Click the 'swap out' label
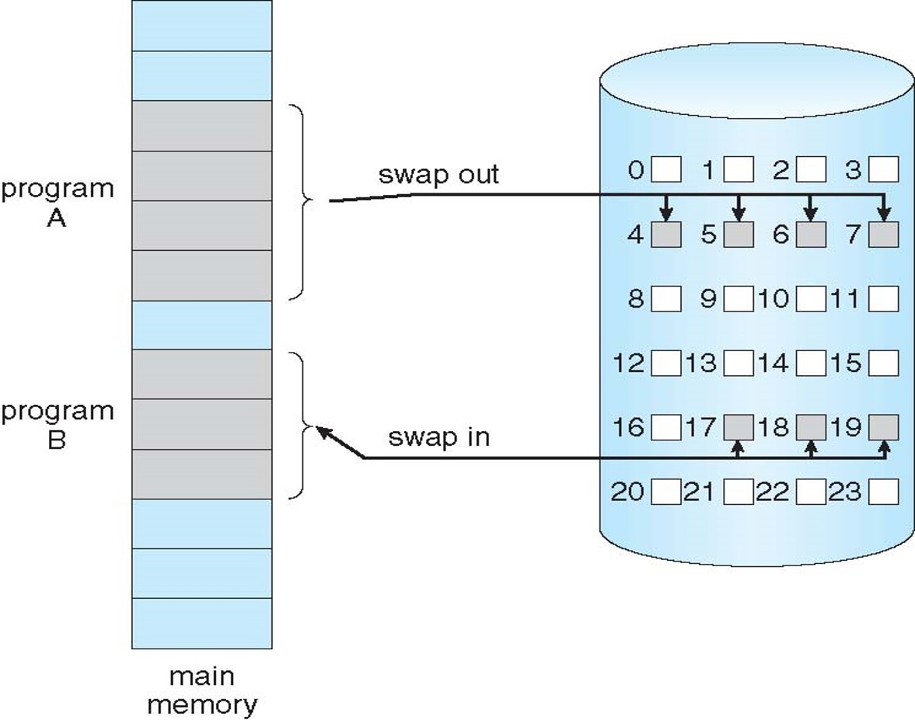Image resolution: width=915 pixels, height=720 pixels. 438,175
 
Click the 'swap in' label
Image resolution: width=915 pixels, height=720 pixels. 438,437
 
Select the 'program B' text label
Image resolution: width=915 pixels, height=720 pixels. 57,425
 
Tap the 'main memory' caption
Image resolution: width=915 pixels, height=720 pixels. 201,690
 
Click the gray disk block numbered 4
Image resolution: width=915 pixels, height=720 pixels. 665,235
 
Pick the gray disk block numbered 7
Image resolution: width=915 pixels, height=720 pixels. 884,235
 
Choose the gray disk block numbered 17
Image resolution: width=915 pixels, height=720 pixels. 739,427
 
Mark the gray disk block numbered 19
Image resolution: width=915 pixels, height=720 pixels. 884,427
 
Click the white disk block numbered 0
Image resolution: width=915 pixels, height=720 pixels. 665,169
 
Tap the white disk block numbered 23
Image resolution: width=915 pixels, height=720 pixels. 884,492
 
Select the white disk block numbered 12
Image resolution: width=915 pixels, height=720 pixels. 665,363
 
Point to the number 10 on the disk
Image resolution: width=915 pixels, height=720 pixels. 774,299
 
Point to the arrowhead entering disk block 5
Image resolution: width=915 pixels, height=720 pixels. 739,214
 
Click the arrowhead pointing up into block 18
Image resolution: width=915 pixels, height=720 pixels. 811,447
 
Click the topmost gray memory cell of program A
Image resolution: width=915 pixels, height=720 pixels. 201,126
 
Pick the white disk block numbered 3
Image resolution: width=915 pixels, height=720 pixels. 884,169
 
